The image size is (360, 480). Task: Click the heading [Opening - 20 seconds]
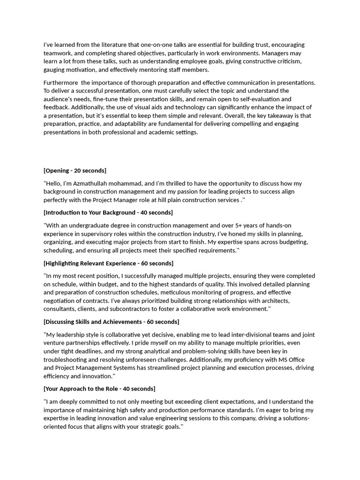(75, 171)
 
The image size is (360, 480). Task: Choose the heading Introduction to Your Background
(108, 213)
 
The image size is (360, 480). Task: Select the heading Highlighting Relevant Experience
(108, 263)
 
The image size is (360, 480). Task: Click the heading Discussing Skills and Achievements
(111, 322)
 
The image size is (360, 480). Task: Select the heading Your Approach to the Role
(99, 389)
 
